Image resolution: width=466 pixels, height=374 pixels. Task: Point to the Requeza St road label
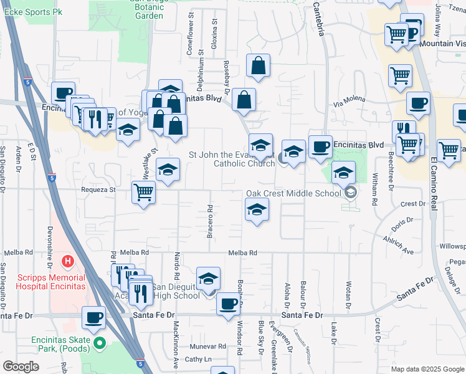pyautogui.click(x=98, y=189)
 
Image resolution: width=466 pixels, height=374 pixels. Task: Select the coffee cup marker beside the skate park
pyautogui.click(x=94, y=317)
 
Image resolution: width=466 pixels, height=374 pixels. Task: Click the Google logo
pyautogui.click(x=21, y=367)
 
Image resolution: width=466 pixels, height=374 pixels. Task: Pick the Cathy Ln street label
pyautogui.click(x=198, y=359)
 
